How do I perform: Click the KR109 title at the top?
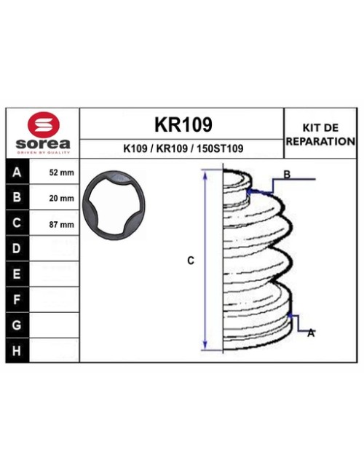point(183,124)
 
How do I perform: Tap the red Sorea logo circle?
point(42,124)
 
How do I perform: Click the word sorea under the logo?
point(42,143)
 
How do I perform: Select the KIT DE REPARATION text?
point(320,134)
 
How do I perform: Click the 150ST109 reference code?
point(221,148)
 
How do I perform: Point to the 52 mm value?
point(61,173)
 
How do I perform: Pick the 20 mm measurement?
point(61,199)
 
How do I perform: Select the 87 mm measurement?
point(61,224)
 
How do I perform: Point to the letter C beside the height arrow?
point(191,261)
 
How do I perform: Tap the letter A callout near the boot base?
point(311,333)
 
